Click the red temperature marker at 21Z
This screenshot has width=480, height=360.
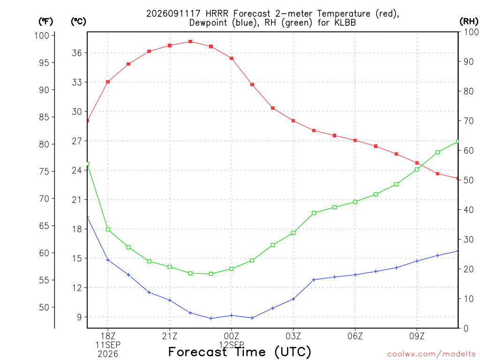170,45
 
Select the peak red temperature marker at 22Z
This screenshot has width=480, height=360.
190,42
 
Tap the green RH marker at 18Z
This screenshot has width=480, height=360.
108,229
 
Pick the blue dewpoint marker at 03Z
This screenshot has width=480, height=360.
293,299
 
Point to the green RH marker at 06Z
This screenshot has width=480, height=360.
355,202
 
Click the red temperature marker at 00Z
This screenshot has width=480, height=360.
232,59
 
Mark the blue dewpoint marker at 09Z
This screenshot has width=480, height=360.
417,261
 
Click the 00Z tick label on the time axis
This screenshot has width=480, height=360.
232,337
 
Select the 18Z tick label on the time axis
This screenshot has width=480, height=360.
108,337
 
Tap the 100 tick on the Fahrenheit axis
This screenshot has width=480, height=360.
42,36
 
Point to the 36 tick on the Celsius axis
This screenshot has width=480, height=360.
77,53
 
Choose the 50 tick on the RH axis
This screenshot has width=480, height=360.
468,180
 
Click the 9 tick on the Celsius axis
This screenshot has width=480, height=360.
80,317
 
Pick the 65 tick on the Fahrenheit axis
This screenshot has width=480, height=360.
44,226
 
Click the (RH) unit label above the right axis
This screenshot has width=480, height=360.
469,22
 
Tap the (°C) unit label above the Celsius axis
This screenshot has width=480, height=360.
78,22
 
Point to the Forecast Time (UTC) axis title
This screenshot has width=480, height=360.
240,352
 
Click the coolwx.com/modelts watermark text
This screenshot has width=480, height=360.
431,354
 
